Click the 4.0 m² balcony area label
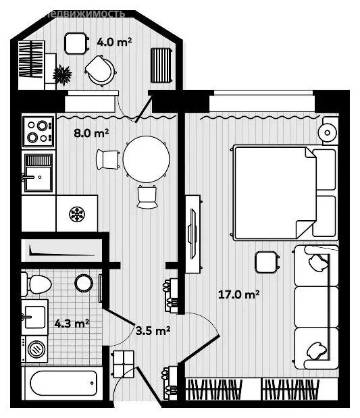(x=113, y=42)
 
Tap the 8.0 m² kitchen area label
(x=91, y=133)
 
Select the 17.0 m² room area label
(x=239, y=294)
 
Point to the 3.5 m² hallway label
(x=153, y=330)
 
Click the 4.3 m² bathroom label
(x=72, y=323)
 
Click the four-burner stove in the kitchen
(x=38, y=131)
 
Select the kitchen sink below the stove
(x=38, y=174)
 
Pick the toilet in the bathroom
(x=36, y=283)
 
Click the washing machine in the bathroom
(x=36, y=349)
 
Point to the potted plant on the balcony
(x=64, y=72)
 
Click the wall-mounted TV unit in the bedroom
(x=193, y=234)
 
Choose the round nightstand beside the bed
(x=329, y=130)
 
